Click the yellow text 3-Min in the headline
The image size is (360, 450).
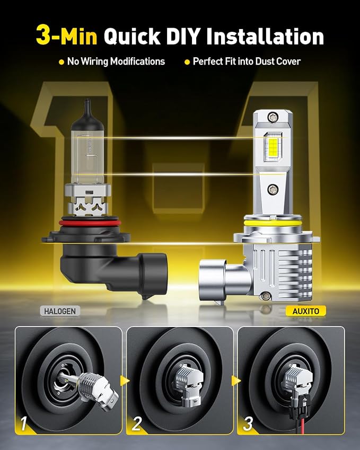[x=67, y=36]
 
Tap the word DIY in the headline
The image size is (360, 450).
[x=183, y=36]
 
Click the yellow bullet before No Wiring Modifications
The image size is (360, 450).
[x=61, y=62]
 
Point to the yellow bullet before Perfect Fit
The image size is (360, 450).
[x=187, y=62]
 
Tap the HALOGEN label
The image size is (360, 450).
[x=60, y=311]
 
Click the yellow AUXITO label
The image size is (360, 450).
[x=306, y=311]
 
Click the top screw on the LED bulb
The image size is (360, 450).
[x=272, y=117]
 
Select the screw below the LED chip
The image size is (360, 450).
[x=272, y=189]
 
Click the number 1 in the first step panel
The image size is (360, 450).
[x=24, y=423]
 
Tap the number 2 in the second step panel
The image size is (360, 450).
[x=137, y=423]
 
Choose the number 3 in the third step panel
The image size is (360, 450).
[x=248, y=423]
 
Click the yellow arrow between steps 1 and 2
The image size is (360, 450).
[x=125, y=381]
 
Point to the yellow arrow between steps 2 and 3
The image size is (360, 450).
[x=236, y=381]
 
